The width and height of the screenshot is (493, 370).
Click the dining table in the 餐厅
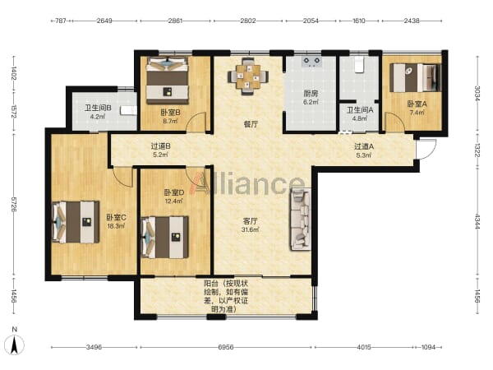(x=248, y=76)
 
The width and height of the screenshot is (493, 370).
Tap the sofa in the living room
(x=301, y=219)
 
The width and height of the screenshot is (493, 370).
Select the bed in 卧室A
(x=415, y=78)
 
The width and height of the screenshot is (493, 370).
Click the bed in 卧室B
(x=168, y=80)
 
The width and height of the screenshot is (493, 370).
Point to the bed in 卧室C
(x=76, y=222)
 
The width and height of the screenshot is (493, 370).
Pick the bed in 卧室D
(x=165, y=237)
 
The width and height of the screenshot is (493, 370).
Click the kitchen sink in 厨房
(x=311, y=61)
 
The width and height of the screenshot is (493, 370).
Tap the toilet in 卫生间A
(x=359, y=64)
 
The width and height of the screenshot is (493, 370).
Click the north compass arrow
(x=14, y=345)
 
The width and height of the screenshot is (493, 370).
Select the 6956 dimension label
(x=226, y=347)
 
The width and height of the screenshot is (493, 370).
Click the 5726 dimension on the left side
(x=13, y=204)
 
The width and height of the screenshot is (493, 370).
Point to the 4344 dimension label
(x=477, y=222)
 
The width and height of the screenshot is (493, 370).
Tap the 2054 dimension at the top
(x=311, y=21)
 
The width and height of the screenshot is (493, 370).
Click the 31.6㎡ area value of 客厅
(x=250, y=229)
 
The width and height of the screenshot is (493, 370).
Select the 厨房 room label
(x=311, y=94)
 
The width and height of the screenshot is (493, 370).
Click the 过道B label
(x=161, y=146)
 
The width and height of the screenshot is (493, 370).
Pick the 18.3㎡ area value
(x=116, y=226)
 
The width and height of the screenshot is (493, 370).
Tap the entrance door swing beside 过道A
(x=426, y=149)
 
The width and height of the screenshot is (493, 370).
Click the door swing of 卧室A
(x=394, y=122)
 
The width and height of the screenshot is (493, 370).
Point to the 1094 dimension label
(x=428, y=347)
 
